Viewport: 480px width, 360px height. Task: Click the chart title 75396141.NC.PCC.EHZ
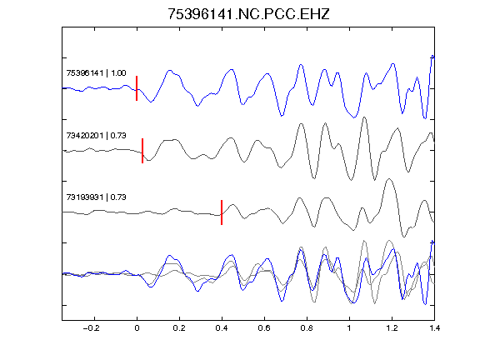pos(248,14)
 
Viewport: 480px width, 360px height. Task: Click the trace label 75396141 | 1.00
pos(96,72)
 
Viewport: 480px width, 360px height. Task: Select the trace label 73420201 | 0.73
pos(96,135)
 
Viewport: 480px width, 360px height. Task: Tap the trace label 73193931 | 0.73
pos(96,197)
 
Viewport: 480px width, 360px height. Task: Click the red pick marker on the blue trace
pos(137,88)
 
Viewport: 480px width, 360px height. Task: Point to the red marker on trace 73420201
pos(142,151)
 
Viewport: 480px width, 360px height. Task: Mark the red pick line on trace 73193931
pos(222,212)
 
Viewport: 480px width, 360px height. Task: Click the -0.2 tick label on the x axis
pos(91,328)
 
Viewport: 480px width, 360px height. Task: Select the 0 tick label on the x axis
pos(137,328)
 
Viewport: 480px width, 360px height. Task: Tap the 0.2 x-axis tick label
pos(179,328)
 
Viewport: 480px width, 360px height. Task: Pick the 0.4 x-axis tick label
pos(222,328)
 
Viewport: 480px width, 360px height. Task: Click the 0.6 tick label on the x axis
pos(264,328)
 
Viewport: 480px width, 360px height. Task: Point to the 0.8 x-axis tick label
pos(307,328)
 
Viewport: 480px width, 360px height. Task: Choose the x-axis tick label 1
pos(349,328)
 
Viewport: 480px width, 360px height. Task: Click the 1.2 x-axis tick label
pos(392,328)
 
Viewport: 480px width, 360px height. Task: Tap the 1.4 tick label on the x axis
pos(434,328)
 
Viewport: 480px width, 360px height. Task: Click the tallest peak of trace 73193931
pos(389,179)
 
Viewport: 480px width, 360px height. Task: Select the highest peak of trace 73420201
pos(364,117)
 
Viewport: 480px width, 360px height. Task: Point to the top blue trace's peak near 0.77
pos(301,65)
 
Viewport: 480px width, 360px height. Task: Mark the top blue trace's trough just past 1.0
pos(354,117)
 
